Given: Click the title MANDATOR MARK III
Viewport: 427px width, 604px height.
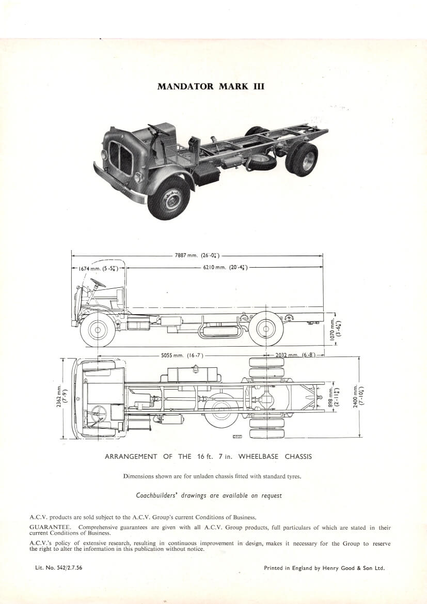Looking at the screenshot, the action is (211, 86).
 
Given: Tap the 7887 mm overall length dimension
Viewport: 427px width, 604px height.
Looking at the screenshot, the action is (197, 255).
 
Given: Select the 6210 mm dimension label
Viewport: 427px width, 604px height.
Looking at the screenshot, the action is (225, 267).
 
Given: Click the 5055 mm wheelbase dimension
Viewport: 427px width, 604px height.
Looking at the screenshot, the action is (182, 355).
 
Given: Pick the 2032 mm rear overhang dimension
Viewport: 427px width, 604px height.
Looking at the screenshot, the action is (295, 355).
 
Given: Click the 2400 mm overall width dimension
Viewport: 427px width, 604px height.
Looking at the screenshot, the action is (359, 396).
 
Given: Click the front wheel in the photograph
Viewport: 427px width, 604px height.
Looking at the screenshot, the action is (169, 198).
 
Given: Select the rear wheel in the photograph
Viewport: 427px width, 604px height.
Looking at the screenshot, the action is (302, 159).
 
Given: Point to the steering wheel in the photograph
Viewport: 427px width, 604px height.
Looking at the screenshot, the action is (158, 129).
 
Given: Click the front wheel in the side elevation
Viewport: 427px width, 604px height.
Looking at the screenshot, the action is (98, 330).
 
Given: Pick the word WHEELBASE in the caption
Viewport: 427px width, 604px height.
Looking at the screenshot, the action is (259, 457).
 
